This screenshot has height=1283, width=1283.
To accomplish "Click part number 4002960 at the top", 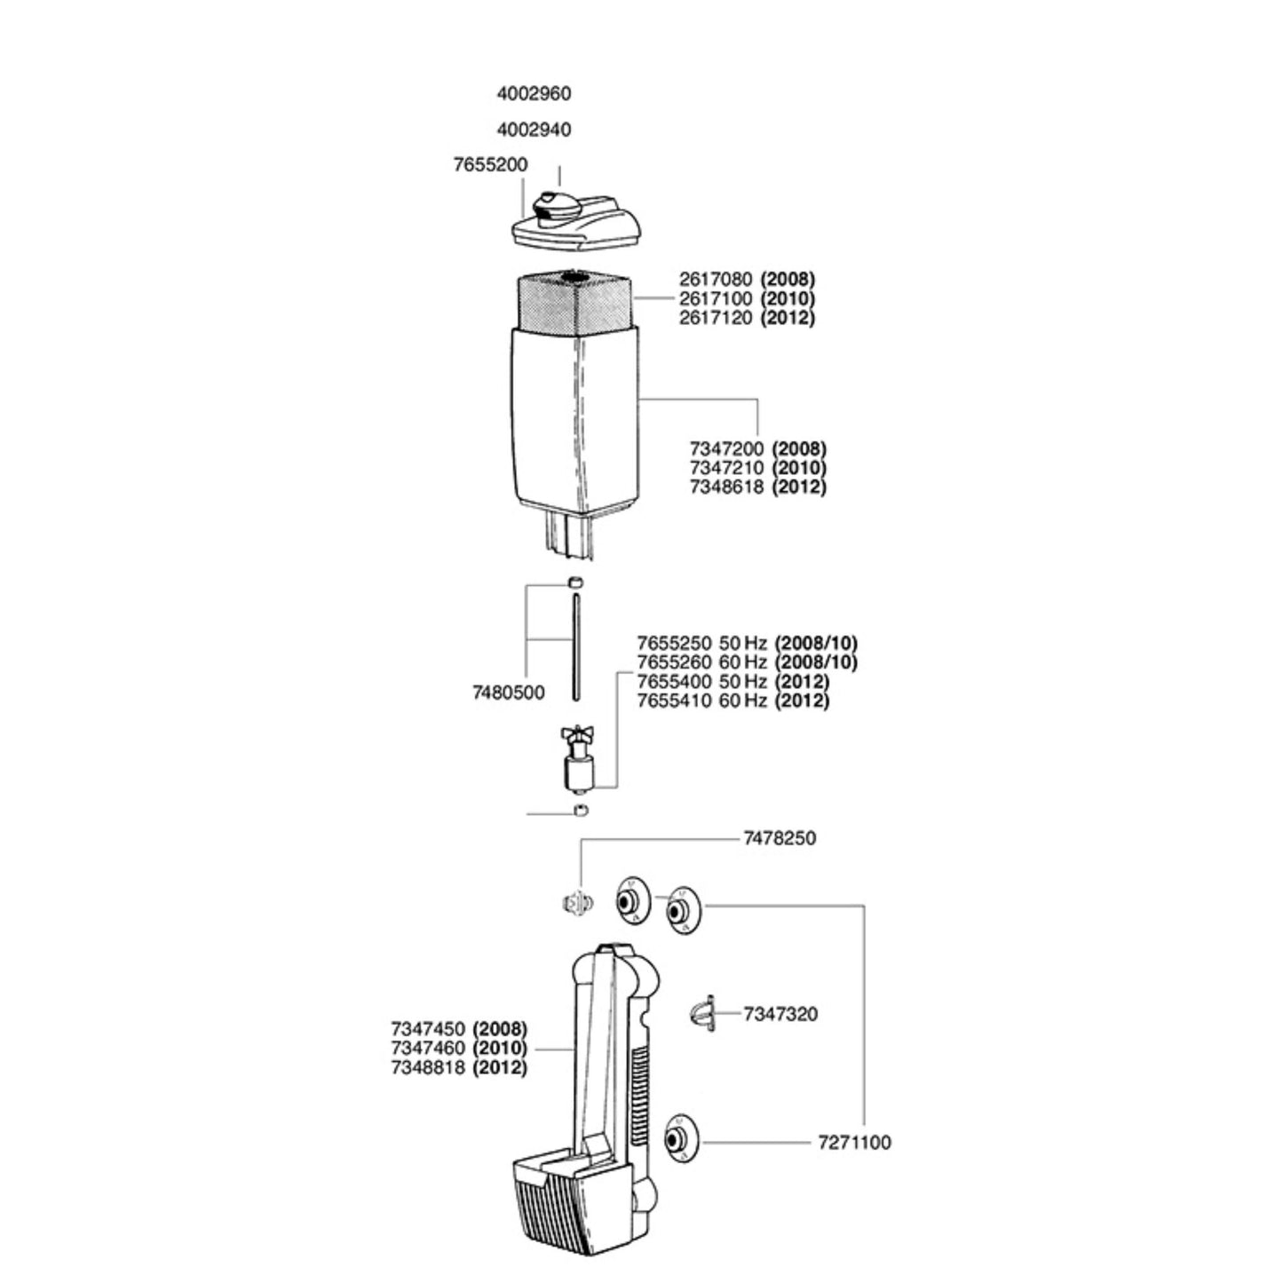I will click(x=534, y=93).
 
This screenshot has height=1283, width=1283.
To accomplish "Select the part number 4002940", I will click(x=534, y=130).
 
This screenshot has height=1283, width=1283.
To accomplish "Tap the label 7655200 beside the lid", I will click(x=490, y=165).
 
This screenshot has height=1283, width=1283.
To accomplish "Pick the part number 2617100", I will click(x=716, y=298).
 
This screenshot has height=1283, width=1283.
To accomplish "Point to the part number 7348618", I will click(x=726, y=487).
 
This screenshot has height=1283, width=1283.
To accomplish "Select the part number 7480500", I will click(x=509, y=693).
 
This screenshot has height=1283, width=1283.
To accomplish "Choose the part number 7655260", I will click(x=674, y=662).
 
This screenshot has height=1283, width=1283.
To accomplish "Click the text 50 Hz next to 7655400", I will click(x=742, y=682).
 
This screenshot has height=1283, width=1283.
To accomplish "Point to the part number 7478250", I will click(x=780, y=838).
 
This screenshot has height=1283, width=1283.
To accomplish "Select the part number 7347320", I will click(x=780, y=1014).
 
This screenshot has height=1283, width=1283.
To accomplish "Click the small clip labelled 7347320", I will click(x=702, y=1013).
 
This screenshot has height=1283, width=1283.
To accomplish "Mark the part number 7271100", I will click(x=854, y=1143).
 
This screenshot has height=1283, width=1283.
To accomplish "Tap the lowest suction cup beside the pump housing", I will click(x=681, y=1138).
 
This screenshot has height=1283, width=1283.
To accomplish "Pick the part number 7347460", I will click(x=428, y=1049).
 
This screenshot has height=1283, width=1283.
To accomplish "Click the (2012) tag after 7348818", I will click(x=501, y=1067).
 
